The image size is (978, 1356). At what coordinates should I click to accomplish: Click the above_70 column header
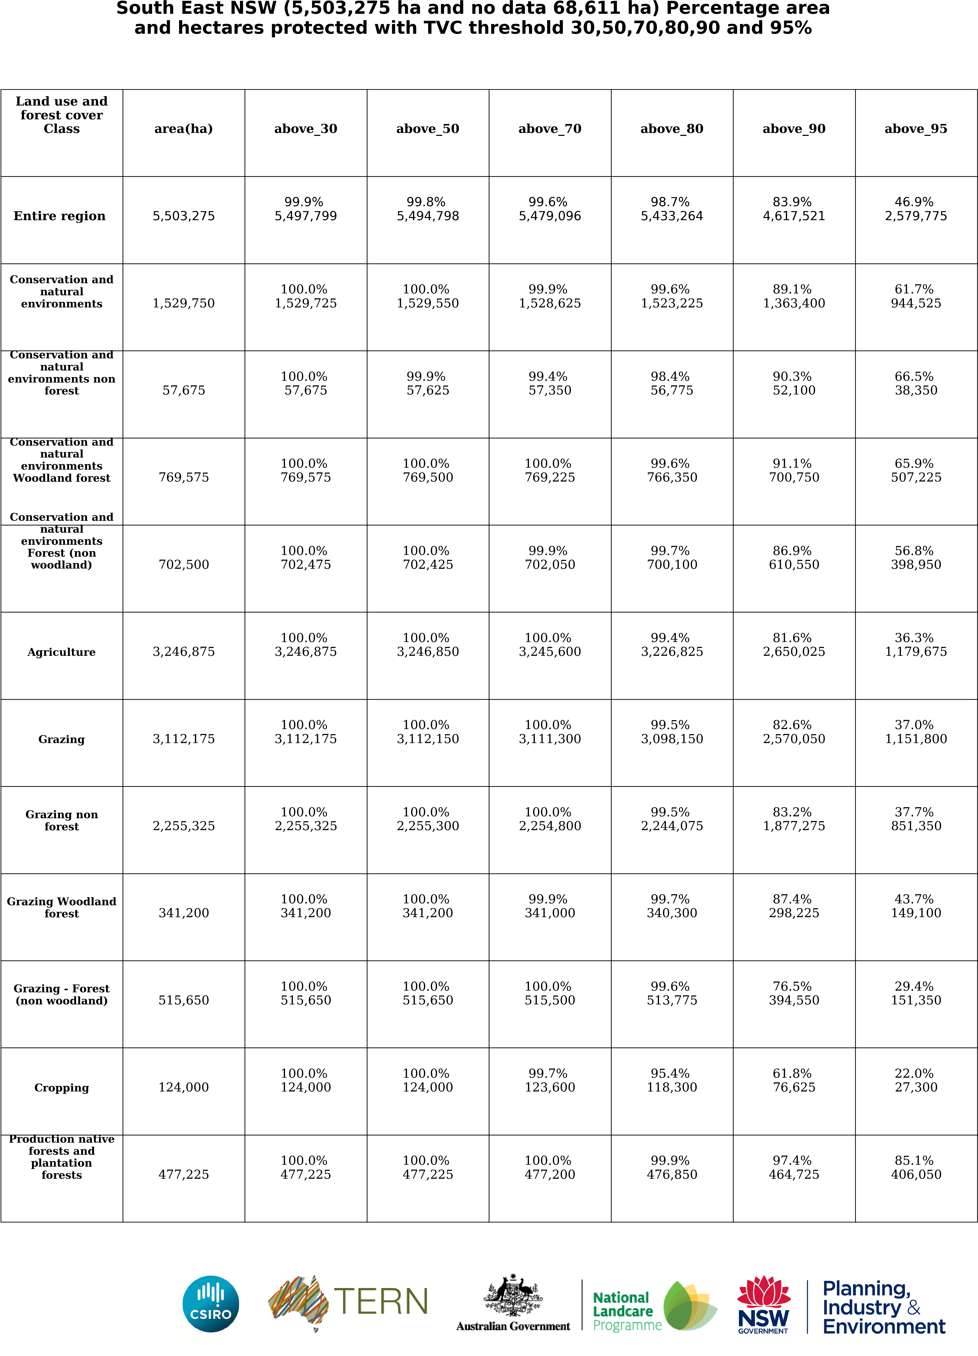tap(550, 128)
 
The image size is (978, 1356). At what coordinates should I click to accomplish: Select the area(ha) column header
tap(184, 128)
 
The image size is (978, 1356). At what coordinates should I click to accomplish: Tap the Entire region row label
tap(60, 216)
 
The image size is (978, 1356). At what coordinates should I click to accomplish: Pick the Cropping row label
tap(62, 1088)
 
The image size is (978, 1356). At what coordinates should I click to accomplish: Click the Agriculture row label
tap(62, 652)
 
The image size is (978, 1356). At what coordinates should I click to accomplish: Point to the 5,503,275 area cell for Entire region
tap(184, 216)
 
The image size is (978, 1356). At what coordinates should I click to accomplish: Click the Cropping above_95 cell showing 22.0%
tap(915, 1080)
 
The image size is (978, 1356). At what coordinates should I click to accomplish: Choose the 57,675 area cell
tap(184, 390)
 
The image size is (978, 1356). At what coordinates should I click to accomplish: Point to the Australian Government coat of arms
tap(513, 1294)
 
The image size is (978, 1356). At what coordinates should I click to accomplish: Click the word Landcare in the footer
tap(622, 1311)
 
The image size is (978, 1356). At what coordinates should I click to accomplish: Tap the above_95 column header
tap(915, 128)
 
